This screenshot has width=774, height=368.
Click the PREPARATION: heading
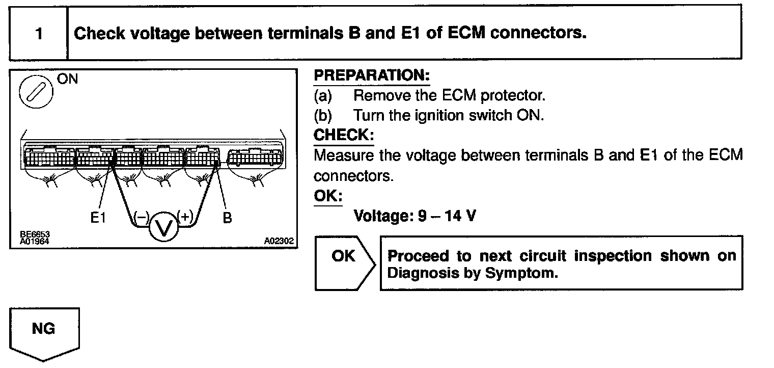(x=371, y=75)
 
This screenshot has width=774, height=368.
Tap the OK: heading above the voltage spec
(x=328, y=196)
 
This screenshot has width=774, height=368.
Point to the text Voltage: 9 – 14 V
(x=415, y=216)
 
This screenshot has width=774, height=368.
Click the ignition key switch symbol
(x=34, y=92)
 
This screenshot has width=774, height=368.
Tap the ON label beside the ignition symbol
(x=68, y=80)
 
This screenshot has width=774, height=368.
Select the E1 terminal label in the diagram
(x=97, y=218)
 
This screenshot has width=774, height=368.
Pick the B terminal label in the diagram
(x=227, y=218)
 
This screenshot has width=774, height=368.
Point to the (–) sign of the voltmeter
(x=141, y=217)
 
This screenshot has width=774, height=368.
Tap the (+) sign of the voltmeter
(x=185, y=217)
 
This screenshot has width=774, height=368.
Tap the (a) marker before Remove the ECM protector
(x=323, y=95)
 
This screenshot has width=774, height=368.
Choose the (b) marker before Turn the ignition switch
(x=323, y=116)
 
